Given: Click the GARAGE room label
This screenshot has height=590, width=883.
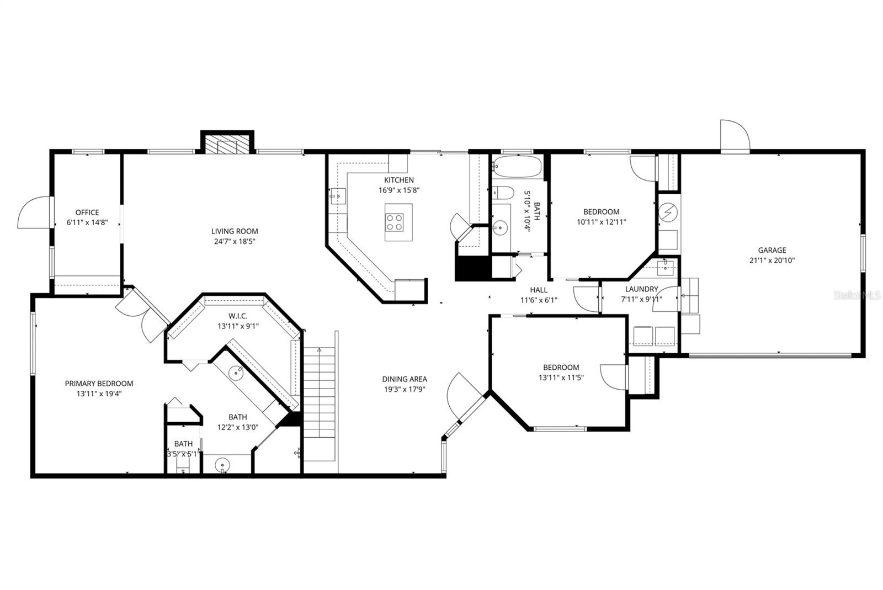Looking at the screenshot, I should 772,250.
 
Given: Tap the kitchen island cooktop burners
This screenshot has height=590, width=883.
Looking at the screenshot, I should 395,222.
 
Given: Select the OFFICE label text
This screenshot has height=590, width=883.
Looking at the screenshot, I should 87,212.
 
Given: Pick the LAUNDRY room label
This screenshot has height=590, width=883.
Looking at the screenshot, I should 641,289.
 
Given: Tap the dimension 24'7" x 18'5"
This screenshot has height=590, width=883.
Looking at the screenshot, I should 235,241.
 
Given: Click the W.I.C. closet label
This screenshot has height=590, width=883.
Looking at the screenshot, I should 238,316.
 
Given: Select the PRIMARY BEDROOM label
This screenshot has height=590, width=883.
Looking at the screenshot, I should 99,384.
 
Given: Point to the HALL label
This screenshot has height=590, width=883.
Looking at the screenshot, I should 539,290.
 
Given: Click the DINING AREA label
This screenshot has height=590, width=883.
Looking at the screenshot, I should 405,379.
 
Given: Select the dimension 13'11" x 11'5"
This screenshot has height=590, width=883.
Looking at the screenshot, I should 561,378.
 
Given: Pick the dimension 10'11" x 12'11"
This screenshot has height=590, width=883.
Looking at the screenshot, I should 602,222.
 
